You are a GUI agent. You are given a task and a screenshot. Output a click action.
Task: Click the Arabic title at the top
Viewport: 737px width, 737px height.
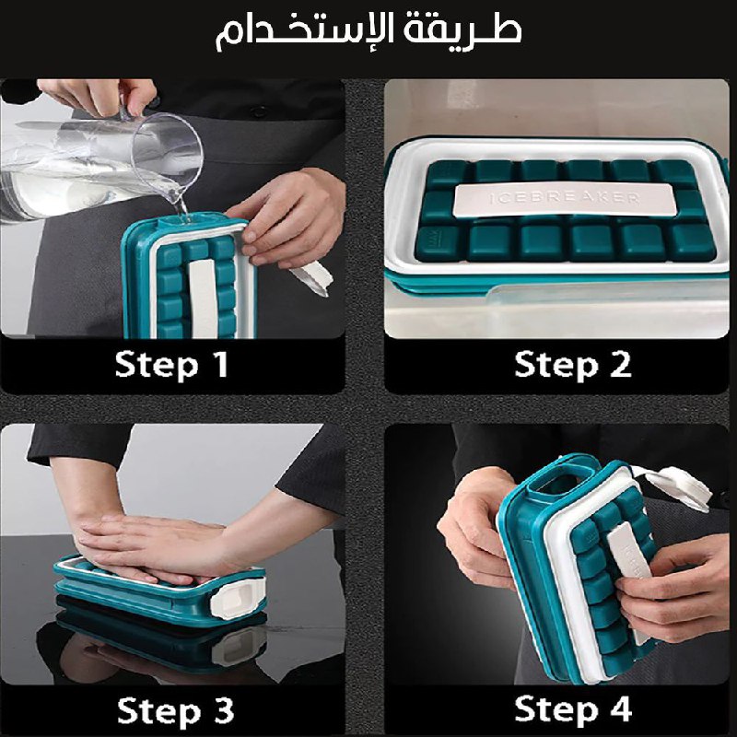pos(368,32)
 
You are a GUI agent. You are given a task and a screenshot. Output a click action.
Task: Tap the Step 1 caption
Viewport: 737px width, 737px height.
pos(172,365)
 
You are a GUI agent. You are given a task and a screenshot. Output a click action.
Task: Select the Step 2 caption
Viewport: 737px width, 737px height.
pos(572,365)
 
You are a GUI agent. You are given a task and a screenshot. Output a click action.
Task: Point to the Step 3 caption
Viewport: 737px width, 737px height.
pos(175,710)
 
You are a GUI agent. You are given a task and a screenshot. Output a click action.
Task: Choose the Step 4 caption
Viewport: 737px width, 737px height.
pos(573,709)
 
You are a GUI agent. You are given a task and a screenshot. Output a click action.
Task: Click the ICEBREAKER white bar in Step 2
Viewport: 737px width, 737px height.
pos(565,199)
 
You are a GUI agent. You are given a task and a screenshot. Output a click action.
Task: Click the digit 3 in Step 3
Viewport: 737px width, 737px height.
pos(222,710)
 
